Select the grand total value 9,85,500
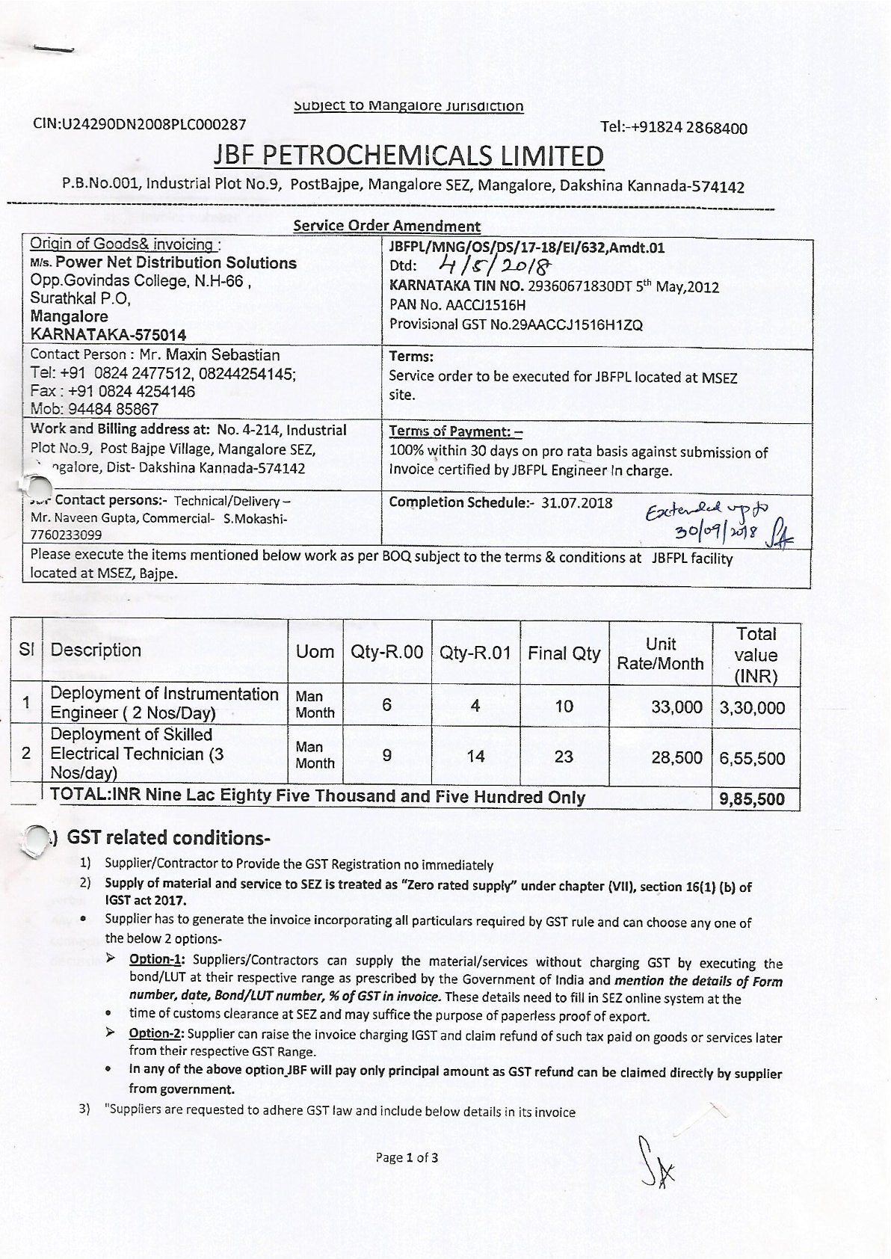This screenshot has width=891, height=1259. (x=752, y=799)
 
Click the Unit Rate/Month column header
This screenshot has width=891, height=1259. (x=660, y=653)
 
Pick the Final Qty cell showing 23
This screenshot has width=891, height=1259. (x=564, y=757)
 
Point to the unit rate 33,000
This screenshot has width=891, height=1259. (x=676, y=707)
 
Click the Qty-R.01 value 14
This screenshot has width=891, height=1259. (x=475, y=757)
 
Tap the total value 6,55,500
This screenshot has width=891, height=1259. (x=752, y=758)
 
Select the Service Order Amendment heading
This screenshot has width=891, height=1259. (x=386, y=226)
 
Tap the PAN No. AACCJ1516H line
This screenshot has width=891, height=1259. (x=457, y=305)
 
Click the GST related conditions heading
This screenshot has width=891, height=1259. (x=168, y=837)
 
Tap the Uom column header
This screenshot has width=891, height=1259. (x=315, y=652)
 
